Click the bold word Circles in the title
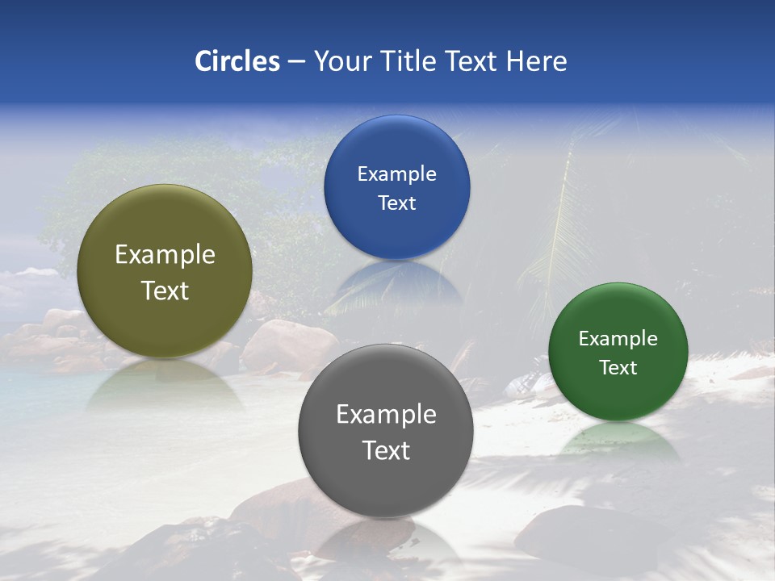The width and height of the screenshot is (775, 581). coord(237,61)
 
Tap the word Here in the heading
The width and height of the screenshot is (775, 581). coord(536,61)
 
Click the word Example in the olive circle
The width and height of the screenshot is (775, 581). coord(165,255)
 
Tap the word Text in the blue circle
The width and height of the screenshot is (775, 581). coord(396,203)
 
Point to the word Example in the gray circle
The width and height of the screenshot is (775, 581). coord(386,415)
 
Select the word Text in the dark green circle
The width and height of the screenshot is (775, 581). coord(618,368)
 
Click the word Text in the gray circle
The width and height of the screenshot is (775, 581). coord(386,450)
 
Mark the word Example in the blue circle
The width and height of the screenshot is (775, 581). coord(396,174)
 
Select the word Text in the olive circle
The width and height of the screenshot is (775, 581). coord(165,290)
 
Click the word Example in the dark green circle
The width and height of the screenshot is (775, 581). coord(618,339)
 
